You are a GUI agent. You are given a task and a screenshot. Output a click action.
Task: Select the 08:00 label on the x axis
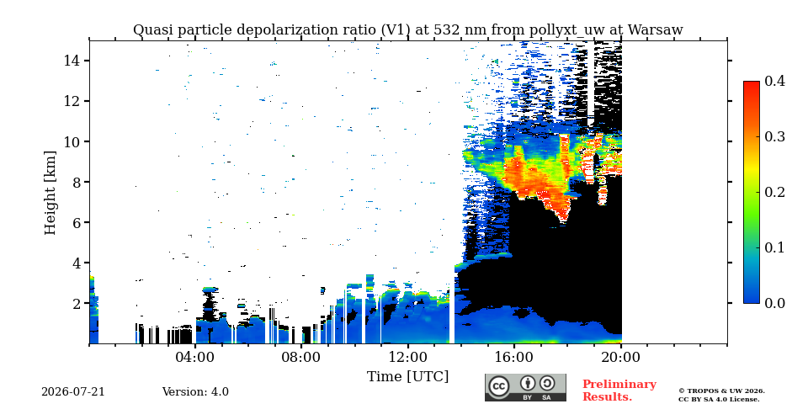302,357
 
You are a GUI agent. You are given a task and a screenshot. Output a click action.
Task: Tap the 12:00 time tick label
408,357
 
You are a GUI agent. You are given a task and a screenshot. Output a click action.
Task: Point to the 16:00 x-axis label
514,357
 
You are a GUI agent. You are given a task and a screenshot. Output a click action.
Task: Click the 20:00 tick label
621,357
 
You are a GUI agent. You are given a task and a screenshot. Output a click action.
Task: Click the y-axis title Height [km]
50,193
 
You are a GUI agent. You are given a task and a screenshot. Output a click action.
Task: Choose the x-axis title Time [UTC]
407,377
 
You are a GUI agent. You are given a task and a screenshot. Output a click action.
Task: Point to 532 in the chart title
447,30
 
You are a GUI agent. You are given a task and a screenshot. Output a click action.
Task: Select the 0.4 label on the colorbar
774,81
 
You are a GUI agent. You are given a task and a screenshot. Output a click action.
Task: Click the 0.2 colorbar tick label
774,192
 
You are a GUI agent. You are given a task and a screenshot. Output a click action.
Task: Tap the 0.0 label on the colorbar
774,303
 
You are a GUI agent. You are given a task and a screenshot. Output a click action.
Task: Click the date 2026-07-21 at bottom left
73,392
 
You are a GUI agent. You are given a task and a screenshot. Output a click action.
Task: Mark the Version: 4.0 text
195,392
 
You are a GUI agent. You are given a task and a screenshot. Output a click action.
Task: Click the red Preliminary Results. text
619,391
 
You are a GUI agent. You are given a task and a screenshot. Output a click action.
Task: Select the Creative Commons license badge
525,388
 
